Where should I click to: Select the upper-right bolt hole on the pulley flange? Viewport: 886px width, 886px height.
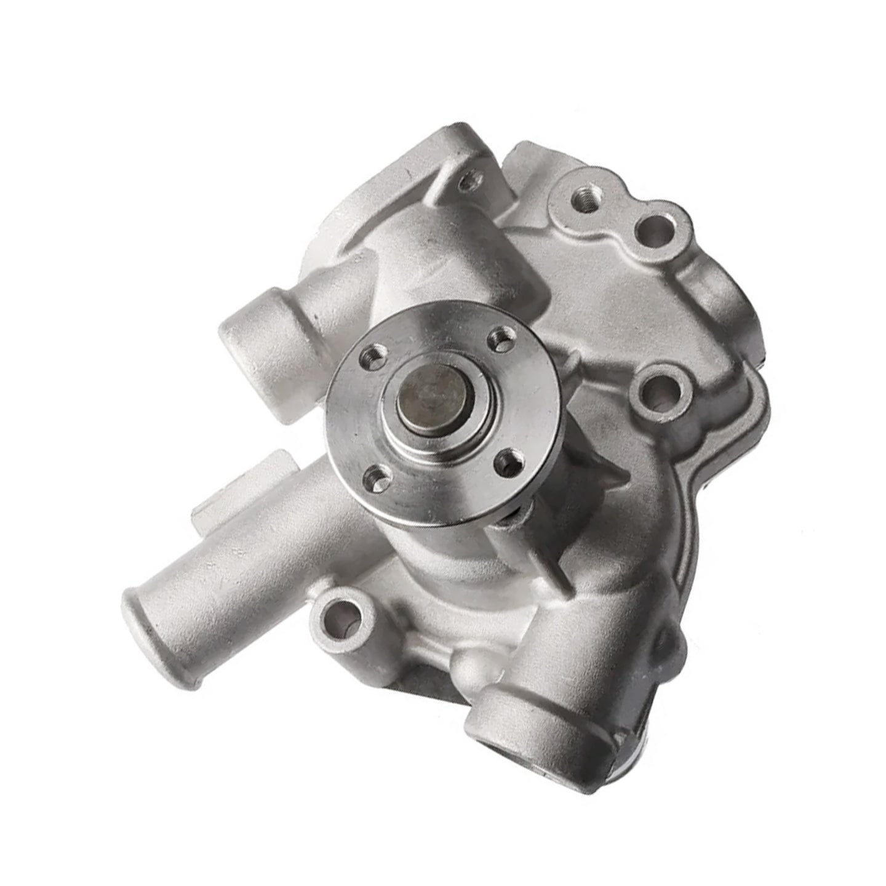pyautogui.click(x=496, y=338)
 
